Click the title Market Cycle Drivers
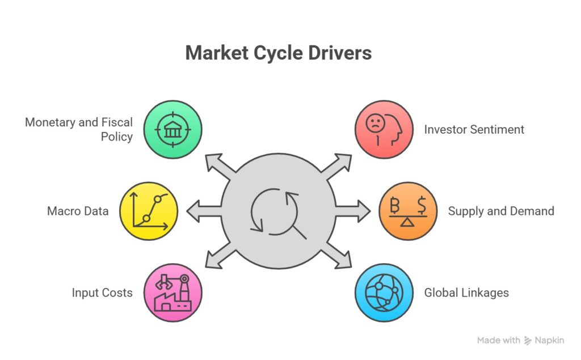(278, 53)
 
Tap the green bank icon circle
(172, 129)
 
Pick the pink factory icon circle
(172, 293)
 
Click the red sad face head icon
(384, 129)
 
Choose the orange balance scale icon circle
(407, 211)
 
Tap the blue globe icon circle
(384, 293)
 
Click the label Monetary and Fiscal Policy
(79, 129)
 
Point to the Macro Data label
(78, 211)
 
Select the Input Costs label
(102, 293)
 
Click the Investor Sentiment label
(474, 130)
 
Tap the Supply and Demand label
(500, 211)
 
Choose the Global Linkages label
(466, 293)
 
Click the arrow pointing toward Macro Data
(201, 211)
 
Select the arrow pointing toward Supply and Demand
(355, 211)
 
